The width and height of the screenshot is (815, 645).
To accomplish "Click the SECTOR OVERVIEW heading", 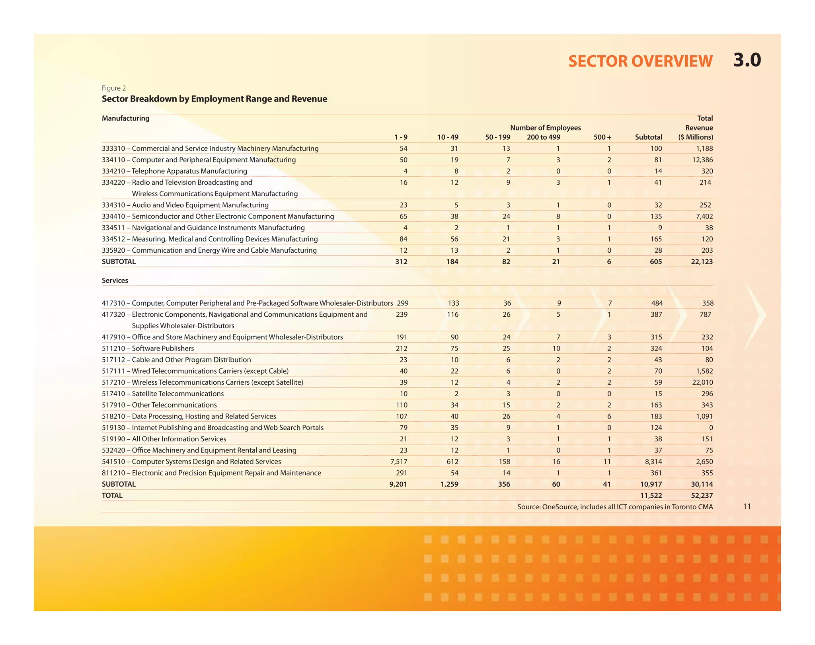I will point(640,61).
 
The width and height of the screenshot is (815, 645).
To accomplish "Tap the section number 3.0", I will point(747,60).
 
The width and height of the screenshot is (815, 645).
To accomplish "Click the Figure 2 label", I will point(114,88).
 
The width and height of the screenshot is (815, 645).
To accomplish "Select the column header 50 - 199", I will point(497,137).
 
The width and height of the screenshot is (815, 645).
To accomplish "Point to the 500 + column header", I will point(602,137).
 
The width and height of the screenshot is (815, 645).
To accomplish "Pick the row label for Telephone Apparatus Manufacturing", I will point(174,171).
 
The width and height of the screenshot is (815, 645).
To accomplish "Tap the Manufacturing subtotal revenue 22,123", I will point(702,262).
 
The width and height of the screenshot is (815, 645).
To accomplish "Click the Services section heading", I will point(115,281).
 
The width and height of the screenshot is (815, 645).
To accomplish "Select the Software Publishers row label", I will point(148,349).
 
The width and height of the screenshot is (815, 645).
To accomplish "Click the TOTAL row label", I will point(112,496).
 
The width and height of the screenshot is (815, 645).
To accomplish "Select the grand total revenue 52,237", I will point(702,496).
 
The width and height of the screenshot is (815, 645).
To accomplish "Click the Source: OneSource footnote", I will point(615,507).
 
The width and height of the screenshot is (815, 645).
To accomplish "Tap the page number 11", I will point(747,507).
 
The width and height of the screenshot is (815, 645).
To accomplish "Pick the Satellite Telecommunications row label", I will point(163,394).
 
